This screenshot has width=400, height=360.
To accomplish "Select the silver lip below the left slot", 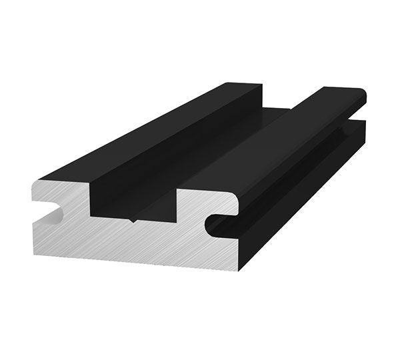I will pyautogui.click(x=47, y=230).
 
